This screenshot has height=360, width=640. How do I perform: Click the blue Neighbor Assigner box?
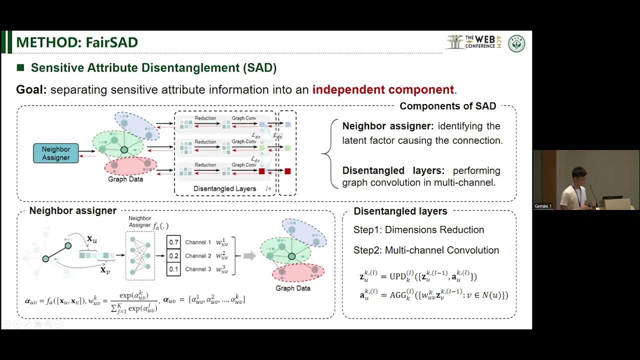(56, 153)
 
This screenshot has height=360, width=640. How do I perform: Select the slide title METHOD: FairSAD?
(76, 42)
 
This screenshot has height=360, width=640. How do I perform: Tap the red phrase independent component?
(383, 90)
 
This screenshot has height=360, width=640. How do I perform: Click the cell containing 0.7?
(173, 242)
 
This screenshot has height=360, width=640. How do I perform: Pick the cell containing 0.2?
(173, 256)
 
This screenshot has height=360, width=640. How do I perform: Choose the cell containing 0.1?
(173, 269)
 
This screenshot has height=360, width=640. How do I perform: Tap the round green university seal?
(516, 43)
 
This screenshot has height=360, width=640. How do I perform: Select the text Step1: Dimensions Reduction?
(418, 230)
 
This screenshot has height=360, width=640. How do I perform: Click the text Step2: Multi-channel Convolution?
(426, 250)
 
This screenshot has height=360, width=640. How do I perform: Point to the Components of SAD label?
(447, 106)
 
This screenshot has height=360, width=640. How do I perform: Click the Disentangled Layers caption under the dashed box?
(225, 189)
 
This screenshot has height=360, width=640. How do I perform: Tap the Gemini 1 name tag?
(543, 206)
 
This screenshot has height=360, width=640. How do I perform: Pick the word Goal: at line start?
(31, 90)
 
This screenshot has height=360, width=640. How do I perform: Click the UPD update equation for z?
(418, 276)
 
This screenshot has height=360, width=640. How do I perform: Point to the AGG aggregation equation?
(433, 295)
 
